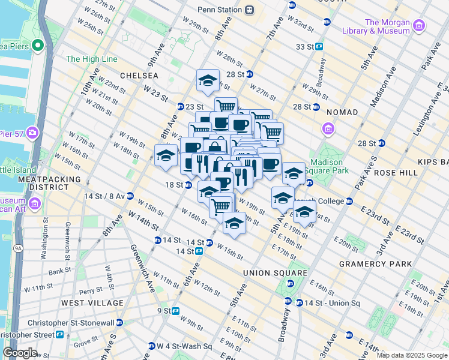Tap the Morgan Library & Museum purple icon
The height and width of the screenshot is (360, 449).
click(x=418, y=25)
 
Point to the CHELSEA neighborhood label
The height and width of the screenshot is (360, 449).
click(x=139, y=76)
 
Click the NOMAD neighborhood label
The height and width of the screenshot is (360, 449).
click(x=342, y=112)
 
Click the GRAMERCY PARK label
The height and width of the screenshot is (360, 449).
click(x=375, y=264)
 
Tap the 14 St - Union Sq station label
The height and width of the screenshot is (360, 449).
click(x=331, y=302)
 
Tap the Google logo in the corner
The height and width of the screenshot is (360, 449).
click(x=20, y=353)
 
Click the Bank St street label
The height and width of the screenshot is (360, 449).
click(x=60, y=272)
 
